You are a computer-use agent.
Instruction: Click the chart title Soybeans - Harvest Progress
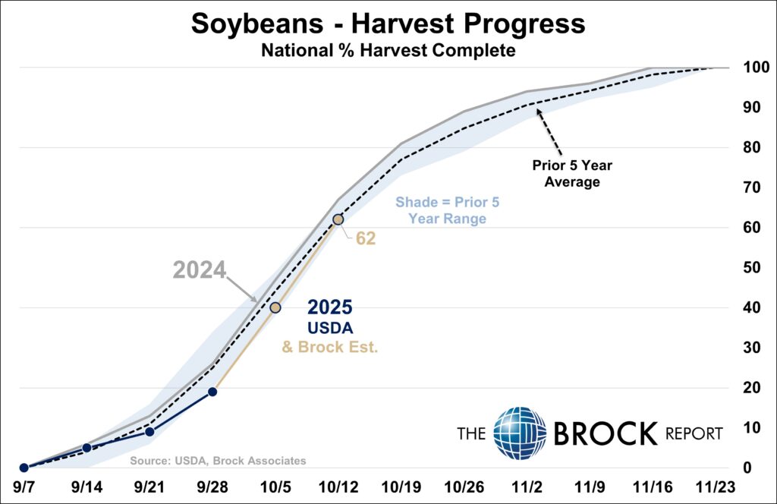(388, 24)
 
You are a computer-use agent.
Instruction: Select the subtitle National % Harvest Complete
(388, 51)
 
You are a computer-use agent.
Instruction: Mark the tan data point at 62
(338, 219)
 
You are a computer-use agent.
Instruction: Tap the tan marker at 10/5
(275, 307)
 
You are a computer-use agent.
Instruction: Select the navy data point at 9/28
(212, 392)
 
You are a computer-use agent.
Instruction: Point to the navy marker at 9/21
(149, 431)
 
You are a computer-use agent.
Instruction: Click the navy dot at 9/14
(87, 448)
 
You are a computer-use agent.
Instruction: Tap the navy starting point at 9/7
(24, 468)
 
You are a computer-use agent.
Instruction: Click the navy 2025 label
(329, 308)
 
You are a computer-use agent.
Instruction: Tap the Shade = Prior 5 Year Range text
(447, 210)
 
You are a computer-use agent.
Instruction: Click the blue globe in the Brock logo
(520, 433)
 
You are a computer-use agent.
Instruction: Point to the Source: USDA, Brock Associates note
(218, 461)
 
